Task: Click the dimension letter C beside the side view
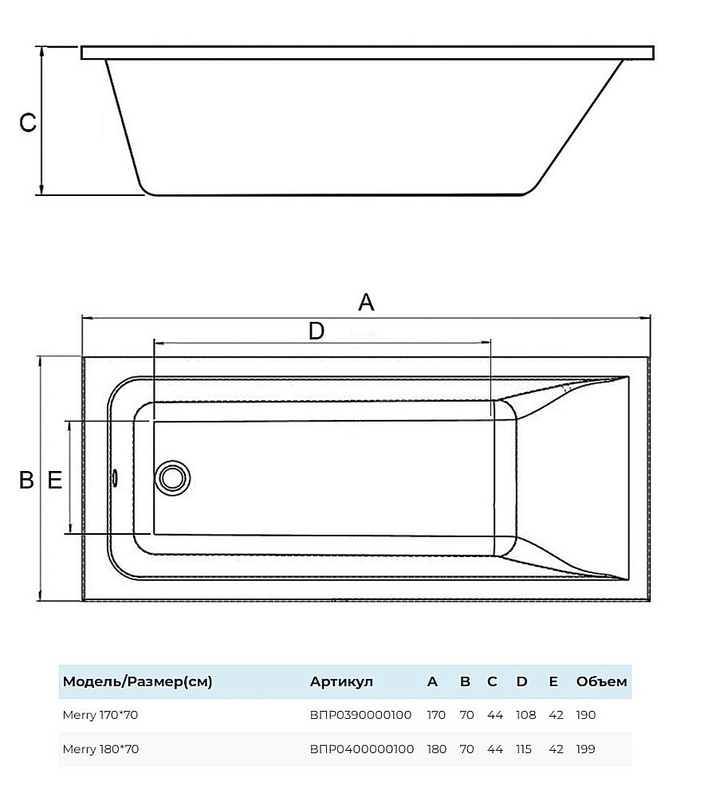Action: (28, 123)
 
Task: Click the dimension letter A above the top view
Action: (366, 302)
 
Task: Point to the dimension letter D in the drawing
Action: (317, 331)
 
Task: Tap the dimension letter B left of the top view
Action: (26, 480)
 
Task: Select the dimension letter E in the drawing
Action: (54, 480)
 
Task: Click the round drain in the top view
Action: (172, 477)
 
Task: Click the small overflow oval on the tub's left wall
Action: (116, 477)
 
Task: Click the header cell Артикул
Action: (340, 682)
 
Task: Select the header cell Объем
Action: (601, 682)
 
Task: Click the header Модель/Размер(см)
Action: (137, 682)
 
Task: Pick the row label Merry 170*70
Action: (100, 715)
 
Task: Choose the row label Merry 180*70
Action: (100, 749)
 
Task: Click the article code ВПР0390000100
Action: (360, 715)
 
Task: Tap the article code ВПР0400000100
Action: (360, 749)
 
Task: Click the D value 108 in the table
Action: (525, 715)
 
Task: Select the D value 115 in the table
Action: (525, 749)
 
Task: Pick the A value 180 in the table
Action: (436, 749)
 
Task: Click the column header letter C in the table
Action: (492, 682)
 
